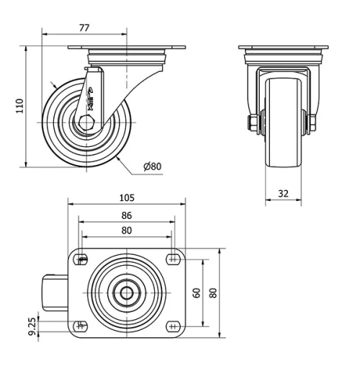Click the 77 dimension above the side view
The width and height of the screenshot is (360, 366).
point(84,28)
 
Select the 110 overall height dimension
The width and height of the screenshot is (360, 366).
point(19,106)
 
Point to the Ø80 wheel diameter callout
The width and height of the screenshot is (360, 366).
point(152,166)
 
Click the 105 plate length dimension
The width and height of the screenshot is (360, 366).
point(126,197)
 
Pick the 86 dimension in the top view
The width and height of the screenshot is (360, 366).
point(126,215)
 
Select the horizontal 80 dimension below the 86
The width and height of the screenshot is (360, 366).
point(126,231)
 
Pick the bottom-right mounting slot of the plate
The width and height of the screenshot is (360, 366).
point(173,325)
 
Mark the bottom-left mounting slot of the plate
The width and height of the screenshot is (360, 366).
point(81,325)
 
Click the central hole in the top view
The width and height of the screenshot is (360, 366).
point(127,293)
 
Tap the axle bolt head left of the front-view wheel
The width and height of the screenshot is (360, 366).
point(254,123)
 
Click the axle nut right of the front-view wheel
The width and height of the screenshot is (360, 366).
point(312,123)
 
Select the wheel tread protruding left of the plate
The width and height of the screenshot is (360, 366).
point(54,293)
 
